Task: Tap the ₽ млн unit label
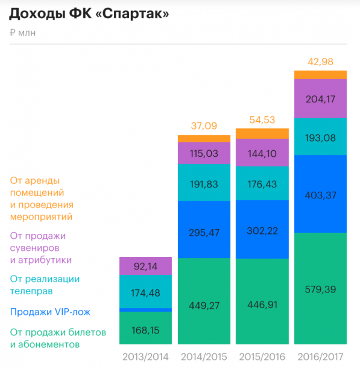coord(22,33)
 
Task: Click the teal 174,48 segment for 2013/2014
coord(145,291)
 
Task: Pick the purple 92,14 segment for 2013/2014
coord(145,265)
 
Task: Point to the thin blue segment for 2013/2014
coord(145,310)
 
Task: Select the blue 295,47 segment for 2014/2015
coord(204,229)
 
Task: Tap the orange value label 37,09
coord(204,126)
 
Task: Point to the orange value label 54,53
coord(262,119)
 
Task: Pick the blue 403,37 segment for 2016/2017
coord(320,194)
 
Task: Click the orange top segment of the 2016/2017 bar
coord(320,75)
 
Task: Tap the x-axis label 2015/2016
coord(262,357)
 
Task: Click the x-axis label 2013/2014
coord(145,357)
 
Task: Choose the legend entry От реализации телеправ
coord(45,285)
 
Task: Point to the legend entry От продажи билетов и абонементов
coord(58,339)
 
